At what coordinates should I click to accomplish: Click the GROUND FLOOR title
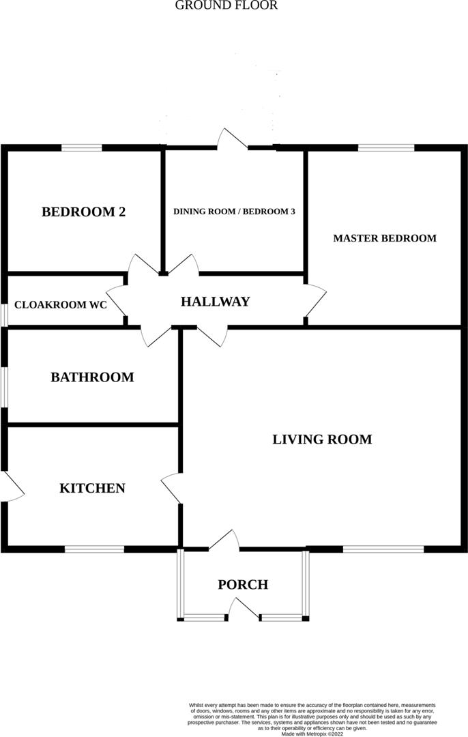click(226, 5)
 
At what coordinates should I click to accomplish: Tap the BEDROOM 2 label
click(84, 212)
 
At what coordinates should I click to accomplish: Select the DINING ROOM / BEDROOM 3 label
click(234, 212)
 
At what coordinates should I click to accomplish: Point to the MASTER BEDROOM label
click(385, 238)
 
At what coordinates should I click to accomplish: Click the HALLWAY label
click(215, 302)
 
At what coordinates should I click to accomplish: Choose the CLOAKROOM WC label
click(61, 305)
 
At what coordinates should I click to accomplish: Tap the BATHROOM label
click(92, 377)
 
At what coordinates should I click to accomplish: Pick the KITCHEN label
click(92, 489)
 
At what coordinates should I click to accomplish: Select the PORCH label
click(243, 585)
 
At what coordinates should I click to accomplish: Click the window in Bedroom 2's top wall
click(82, 147)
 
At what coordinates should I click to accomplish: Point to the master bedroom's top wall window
click(386, 147)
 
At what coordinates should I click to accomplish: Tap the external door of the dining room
click(232, 140)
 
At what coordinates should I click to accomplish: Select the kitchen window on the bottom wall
click(94, 548)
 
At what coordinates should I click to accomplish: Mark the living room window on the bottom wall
click(383, 548)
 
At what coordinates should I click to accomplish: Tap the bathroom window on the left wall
click(3, 388)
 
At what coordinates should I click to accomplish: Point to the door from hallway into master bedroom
click(314, 300)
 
